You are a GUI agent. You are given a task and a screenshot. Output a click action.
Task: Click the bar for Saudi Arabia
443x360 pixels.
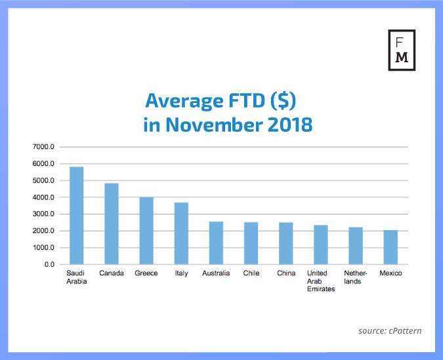[77, 216]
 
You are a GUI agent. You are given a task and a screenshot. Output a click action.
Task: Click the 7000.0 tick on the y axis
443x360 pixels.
[44, 147]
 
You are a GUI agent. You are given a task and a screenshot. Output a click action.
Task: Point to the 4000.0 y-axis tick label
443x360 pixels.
[44, 197]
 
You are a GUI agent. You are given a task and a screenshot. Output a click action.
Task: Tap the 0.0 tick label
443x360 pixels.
[49, 265]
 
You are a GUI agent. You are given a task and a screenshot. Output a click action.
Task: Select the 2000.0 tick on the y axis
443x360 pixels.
[44, 231]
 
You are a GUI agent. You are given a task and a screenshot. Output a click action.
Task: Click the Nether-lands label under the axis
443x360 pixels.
[355, 277]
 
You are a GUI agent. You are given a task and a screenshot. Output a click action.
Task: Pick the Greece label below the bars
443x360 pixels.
[146, 273]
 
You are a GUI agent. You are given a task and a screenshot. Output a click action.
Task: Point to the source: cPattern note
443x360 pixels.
[390, 331]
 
